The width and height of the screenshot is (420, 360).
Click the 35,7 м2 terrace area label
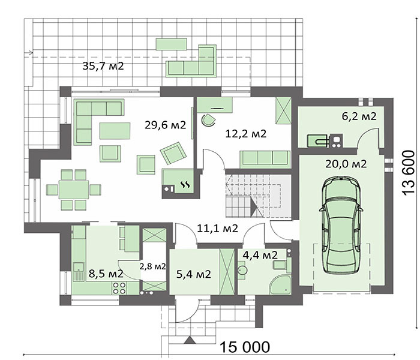pyautogui.click(x=103, y=65)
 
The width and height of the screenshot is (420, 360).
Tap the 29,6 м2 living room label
pyautogui.click(x=165, y=125)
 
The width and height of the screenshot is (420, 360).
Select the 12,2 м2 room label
pyautogui.click(x=246, y=133)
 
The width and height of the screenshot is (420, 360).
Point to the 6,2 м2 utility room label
pyautogui.click(x=359, y=116)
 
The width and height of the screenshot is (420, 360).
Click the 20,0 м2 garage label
pyautogui.click(x=346, y=164)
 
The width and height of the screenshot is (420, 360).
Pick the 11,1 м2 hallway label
pyautogui.click(x=217, y=228)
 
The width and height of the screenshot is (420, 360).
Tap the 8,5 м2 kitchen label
pyautogui.click(x=106, y=274)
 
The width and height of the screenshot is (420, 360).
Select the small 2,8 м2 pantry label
pyautogui.click(x=152, y=266)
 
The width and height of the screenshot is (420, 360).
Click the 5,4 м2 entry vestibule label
pyautogui.click(x=194, y=274)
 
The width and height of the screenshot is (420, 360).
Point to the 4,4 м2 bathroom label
pyautogui.click(x=260, y=255)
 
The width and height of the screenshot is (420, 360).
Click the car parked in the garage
pyautogui.click(x=341, y=224)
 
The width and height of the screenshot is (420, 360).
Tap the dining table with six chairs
pyautogui.click(x=74, y=190)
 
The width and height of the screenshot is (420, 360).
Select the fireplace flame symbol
pyautogui.click(x=185, y=184)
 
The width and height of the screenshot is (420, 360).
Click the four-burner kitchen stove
pyautogui.click(x=119, y=288)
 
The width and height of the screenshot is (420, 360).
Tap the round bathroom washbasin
pyautogui.click(x=242, y=270)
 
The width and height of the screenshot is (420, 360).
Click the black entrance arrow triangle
pyautogui.click(x=190, y=340)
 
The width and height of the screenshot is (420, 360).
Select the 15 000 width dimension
pyautogui.click(x=245, y=347)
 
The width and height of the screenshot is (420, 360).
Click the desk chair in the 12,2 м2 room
pyautogui.click(x=208, y=120)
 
